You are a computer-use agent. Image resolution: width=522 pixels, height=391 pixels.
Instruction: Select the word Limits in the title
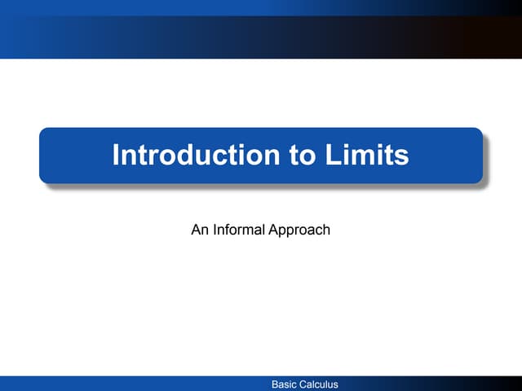coord(368,155)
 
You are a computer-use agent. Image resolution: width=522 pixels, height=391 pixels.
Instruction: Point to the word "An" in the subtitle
coord(199,230)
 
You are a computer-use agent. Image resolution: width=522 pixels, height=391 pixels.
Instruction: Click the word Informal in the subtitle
coord(238,230)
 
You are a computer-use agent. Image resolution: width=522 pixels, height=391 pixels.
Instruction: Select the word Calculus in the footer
coord(320,384)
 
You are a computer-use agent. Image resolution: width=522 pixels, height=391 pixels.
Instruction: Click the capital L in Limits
coord(334,155)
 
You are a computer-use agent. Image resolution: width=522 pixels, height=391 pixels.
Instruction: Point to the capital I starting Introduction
coord(116,155)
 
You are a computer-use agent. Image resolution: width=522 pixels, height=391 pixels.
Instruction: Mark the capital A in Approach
coord(273,230)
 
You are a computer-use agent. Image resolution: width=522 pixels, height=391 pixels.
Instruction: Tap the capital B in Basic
coord(275,384)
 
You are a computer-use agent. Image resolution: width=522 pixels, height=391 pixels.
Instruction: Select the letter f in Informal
coord(228,230)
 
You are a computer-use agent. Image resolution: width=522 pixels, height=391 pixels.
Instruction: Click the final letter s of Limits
coord(401,155)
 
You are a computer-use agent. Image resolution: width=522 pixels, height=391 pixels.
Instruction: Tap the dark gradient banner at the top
coord(261,29)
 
